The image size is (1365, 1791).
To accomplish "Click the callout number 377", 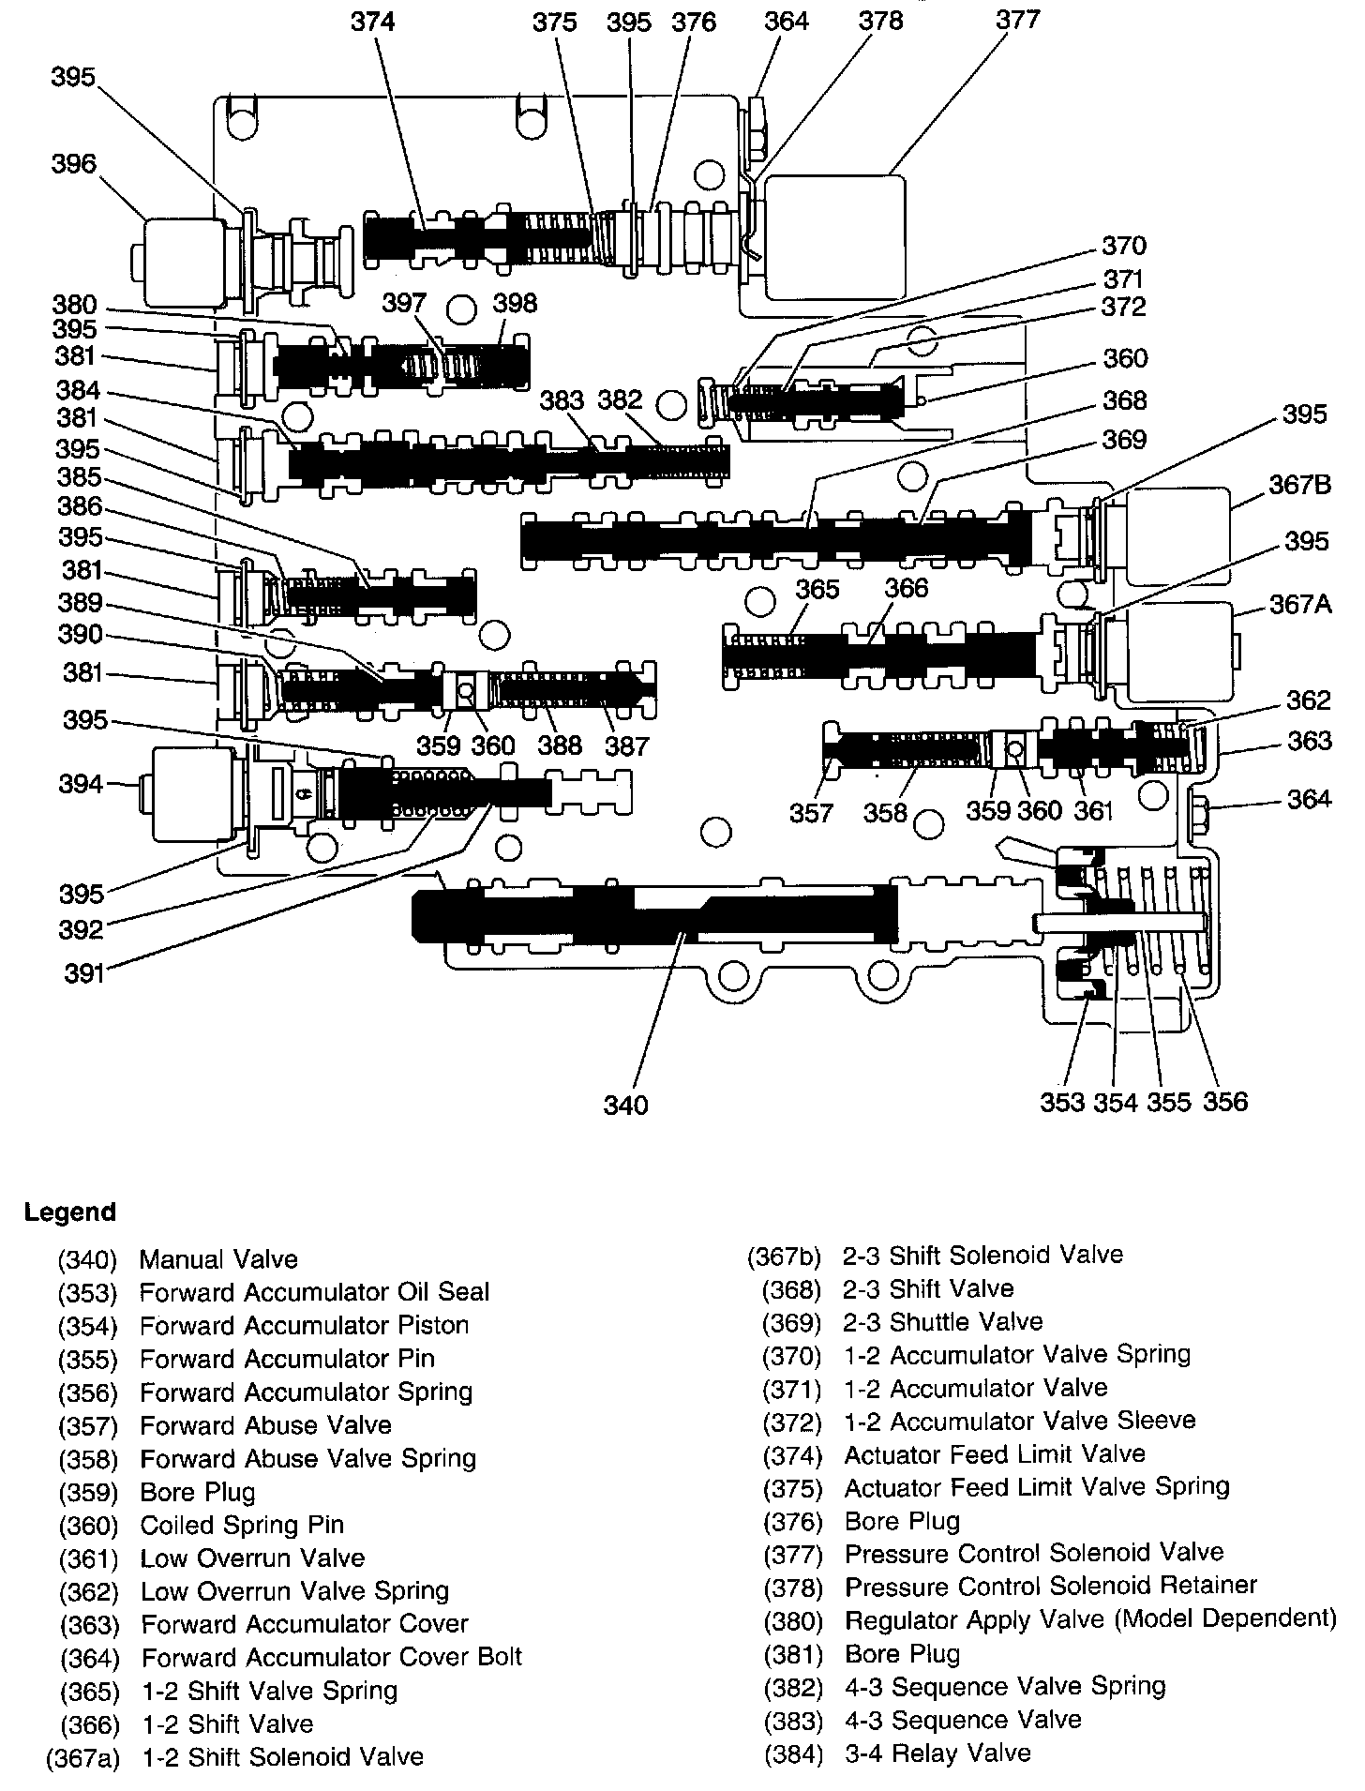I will point(1017,20).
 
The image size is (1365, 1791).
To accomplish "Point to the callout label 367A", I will point(1300,604).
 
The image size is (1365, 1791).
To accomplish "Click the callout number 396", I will point(74,164).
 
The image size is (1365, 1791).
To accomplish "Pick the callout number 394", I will point(81,783).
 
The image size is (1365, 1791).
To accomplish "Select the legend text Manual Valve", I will point(218,1259).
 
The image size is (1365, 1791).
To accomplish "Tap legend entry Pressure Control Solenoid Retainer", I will point(1050,1587).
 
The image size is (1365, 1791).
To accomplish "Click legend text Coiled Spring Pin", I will point(242,1525).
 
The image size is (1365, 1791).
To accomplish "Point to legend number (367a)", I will point(83,1757).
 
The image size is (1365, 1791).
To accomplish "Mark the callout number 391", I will point(83,973).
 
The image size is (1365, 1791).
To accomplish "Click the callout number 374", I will point(373,21).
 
